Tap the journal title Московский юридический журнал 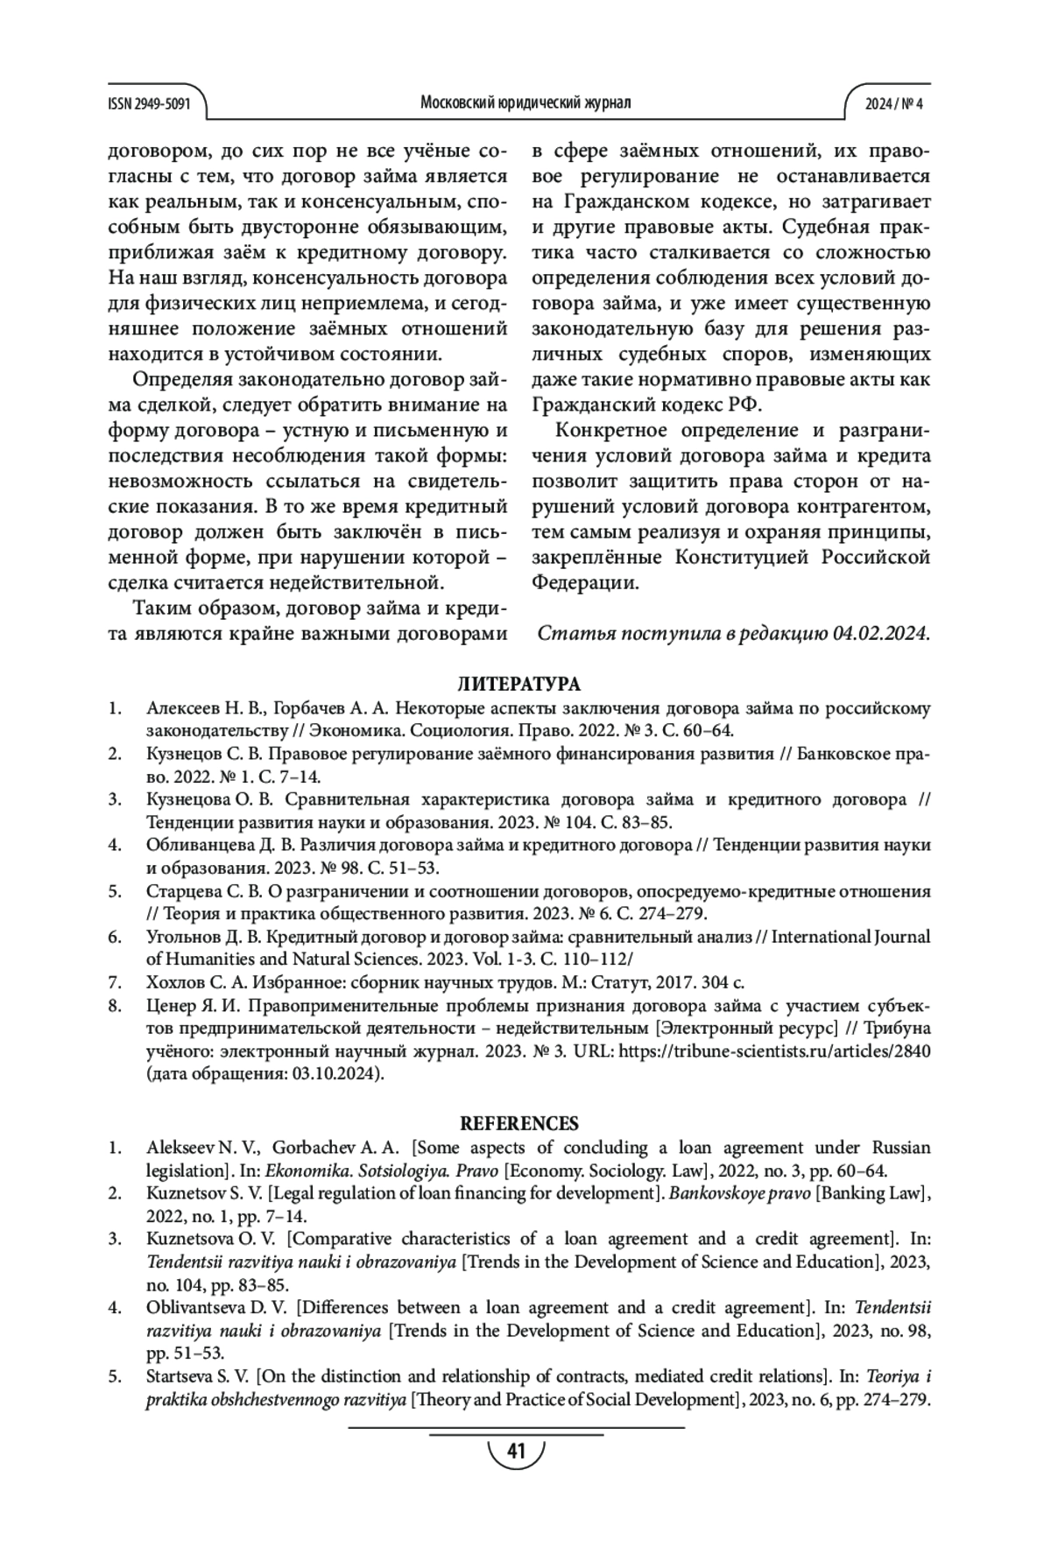tap(525, 103)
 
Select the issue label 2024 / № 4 tap(894, 103)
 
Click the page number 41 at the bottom tap(516, 1452)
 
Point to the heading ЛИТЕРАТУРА tap(519, 684)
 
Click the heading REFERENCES tap(519, 1123)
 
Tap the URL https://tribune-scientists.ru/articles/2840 tap(774, 1051)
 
